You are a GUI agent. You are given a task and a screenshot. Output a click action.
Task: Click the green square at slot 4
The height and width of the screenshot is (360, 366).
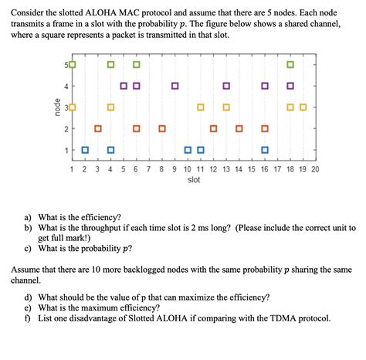(x=110, y=64)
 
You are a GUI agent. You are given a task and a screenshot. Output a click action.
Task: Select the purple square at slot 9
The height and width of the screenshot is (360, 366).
(x=175, y=86)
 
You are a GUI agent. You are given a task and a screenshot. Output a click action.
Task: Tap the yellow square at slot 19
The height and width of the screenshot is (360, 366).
(x=303, y=107)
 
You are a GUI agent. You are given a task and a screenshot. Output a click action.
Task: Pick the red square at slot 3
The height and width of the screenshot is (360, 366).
(x=97, y=128)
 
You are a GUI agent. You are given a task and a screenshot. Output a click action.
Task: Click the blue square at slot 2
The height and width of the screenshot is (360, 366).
(x=85, y=149)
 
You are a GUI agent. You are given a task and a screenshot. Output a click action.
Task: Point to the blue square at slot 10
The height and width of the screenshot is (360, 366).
(x=188, y=149)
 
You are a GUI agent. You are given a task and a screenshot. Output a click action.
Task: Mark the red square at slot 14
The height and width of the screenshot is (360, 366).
(x=239, y=128)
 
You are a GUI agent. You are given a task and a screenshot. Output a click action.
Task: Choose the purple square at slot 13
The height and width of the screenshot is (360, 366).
(x=226, y=86)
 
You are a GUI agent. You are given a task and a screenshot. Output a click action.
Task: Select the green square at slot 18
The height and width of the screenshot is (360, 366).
(x=290, y=64)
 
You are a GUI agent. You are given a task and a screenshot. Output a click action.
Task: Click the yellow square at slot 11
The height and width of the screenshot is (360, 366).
(x=201, y=107)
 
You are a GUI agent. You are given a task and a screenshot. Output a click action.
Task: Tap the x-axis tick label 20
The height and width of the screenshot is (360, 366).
(x=315, y=168)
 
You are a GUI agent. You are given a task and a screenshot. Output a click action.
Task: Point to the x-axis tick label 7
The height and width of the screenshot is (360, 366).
(x=149, y=168)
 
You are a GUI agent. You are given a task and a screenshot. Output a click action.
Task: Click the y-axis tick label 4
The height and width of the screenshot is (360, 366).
(x=66, y=86)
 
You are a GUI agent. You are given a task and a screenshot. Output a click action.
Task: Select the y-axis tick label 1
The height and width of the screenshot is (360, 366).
(x=66, y=149)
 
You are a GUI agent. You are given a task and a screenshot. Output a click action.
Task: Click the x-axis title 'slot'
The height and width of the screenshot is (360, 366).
(x=193, y=180)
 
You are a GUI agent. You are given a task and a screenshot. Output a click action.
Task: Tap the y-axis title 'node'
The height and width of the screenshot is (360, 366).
(x=56, y=107)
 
